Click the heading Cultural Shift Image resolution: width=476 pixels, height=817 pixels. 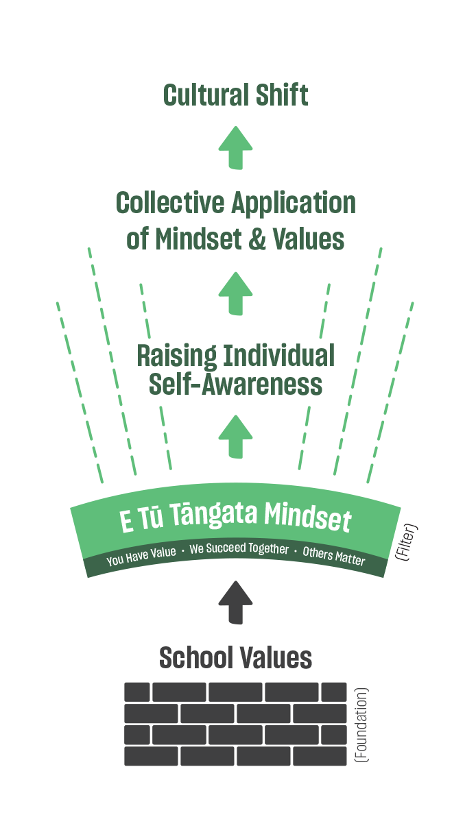pyautogui.click(x=235, y=95)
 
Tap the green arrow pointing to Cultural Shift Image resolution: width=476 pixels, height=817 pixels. pyautogui.click(x=235, y=147)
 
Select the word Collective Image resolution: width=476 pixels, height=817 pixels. pyautogui.click(x=170, y=204)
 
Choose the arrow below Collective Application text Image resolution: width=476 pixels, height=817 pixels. pyautogui.click(x=235, y=293)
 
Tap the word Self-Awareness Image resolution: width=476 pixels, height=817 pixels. pyautogui.click(x=235, y=385)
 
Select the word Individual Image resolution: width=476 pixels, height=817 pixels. pyautogui.click(x=276, y=356)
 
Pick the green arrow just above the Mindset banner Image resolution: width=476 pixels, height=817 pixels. pyautogui.click(x=235, y=437)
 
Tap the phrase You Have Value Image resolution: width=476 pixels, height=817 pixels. pyautogui.click(x=141, y=556)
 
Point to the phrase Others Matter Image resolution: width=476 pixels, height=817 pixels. pyautogui.click(x=334, y=556)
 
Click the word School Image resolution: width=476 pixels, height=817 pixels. pyautogui.click(x=191, y=658)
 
